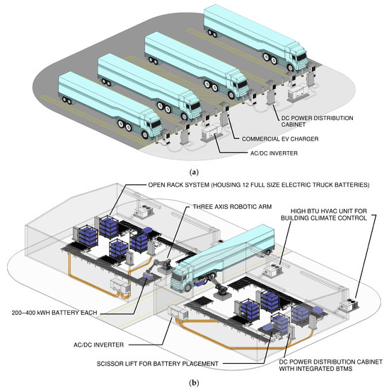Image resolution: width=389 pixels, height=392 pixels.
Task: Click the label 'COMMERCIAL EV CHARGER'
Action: coord(280,139)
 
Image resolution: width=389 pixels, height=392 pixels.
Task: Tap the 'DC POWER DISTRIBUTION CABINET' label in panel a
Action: coord(317,121)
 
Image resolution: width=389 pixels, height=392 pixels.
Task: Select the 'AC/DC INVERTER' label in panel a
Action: coord(274,153)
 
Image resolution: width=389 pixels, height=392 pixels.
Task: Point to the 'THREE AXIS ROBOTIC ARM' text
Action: coord(232,207)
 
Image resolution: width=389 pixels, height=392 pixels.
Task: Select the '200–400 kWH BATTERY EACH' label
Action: coord(54,313)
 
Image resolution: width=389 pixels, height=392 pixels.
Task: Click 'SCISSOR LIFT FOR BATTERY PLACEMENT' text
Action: coord(158,364)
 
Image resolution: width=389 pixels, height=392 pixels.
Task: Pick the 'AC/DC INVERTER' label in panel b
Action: coord(98,345)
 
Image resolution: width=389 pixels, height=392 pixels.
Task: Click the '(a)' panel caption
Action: coord(194,172)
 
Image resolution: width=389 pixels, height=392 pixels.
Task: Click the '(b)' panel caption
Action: coord(194,383)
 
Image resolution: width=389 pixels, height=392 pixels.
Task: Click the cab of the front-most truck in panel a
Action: coord(151,124)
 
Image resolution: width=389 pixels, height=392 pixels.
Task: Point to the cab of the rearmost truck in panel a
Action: coord(296,57)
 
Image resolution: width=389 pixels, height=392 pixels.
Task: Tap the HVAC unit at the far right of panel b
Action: coord(349,303)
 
